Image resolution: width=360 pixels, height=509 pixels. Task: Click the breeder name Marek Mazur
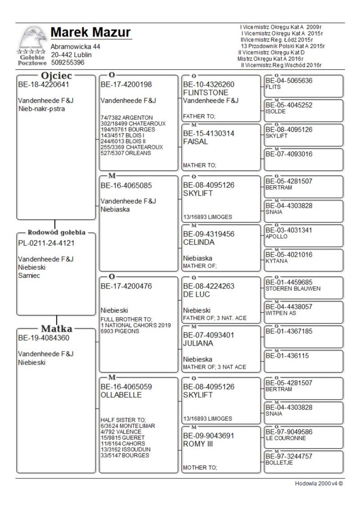(x=90, y=32)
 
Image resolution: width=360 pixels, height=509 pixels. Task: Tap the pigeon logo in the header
(x=33, y=38)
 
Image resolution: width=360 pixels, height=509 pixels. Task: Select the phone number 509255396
(x=67, y=63)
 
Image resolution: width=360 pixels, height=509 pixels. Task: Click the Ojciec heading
(x=56, y=75)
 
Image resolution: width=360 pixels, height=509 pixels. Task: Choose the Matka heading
(x=57, y=329)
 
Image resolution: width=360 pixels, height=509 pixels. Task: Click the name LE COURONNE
(x=286, y=438)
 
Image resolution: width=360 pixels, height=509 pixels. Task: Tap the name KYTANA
(x=276, y=261)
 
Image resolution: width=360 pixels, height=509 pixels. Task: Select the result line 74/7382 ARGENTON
(x=126, y=118)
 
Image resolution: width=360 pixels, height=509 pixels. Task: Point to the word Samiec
(x=29, y=275)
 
